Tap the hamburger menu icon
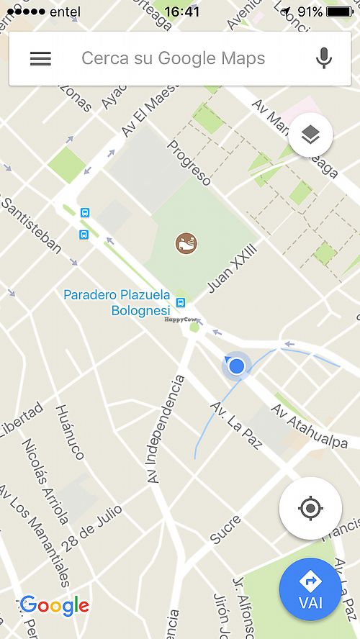tap(40, 59)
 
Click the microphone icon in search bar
tap(324, 58)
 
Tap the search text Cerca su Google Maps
tap(173, 58)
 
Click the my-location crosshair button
tap(310, 509)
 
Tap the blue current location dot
tap(236, 367)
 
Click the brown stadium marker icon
tap(186, 243)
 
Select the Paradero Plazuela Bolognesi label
tap(117, 302)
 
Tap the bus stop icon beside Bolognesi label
tap(181, 303)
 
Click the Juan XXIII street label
tap(232, 268)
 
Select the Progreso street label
tap(189, 163)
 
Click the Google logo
tap(55, 606)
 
